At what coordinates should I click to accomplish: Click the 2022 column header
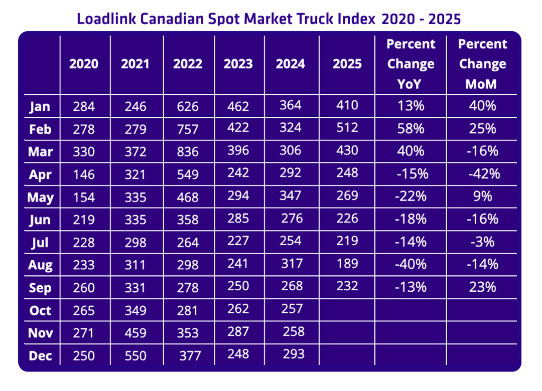pyautogui.click(x=188, y=64)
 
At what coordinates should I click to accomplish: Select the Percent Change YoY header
pyautogui.click(x=411, y=64)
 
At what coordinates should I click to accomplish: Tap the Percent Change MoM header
pyautogui.click(x=482, y=64)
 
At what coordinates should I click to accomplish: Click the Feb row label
pyautogui.click(x=40, y=129)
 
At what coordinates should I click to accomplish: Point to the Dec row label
pyautogui.click(x=40, y=355)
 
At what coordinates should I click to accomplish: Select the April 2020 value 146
pyautogui.click(x=84, y=174)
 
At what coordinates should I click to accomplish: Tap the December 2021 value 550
pyautogui.click(x=135, y=355)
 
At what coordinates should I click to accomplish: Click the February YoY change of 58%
pyautogui.click(x=411, y=128)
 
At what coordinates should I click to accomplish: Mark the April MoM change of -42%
pyautogui.click(x=482, y=174)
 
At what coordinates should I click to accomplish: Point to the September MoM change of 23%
pyautogui.click(x=482, y=286)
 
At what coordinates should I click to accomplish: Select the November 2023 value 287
pyautogui.click(x=238, y=331)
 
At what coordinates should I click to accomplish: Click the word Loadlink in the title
pyautogui.click(x=105, y=19)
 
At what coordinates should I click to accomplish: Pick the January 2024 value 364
pyautogui.click(x=291, y=105)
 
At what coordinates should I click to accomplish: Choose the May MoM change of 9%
pyautogui.click(x=482, y=196)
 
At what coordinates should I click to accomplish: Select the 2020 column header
pyautogui.click(x=84, y=64)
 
